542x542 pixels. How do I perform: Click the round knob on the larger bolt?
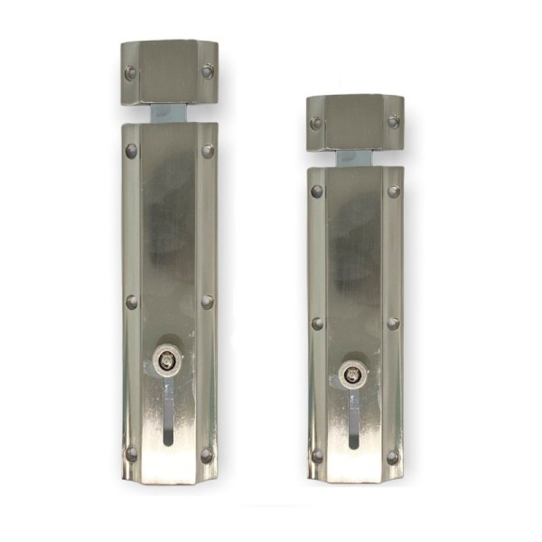pyautogui.click(x=166, y=360)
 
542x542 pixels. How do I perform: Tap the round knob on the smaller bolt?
pyautogui.click(x=351, y=372)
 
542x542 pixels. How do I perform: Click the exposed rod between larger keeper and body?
pyautogui.click(x=169, y=114)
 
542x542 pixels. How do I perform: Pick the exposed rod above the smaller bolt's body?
pyautogui.click(x=354, y=158)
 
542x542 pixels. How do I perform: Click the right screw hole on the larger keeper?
pyautogui.click(x=208, y=71)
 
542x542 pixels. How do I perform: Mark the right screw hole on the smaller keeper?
pyautogui.click(x=393, y=122)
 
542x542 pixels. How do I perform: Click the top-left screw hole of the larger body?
pyautogui.click(x=132, y=151)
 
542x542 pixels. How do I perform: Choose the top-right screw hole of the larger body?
pyautogui.click(x=208, y=151)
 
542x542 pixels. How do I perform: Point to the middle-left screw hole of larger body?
pyautogui.click(x=132, y=302)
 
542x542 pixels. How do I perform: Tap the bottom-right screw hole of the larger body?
pyautogui.click(x=207, y=455)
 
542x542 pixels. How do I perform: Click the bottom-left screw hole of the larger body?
pyautogui.click(x=132, y=453)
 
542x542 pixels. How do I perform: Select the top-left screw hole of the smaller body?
pyautogui.click(x=317, y=192)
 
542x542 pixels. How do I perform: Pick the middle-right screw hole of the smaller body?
pyautogui.click(x=393, y=322)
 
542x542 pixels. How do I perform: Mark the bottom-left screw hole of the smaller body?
pyautogui.click(x=317, y=456)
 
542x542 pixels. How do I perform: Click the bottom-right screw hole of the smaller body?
pyautogui.click(x=392, y=457)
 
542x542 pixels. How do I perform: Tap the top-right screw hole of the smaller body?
pyautogui.click(x=393, y=192)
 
